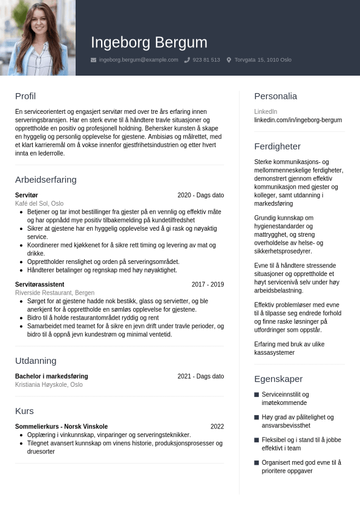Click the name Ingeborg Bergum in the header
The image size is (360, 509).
pos(149,42)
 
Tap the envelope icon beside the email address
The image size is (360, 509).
pos(93,60)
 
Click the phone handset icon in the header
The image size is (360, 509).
pos(187,60)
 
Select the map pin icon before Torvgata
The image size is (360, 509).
pos(229,60)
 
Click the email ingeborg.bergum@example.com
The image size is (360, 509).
pos(139,60)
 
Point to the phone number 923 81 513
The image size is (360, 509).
pos(206,60)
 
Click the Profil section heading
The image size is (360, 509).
pos(25,96)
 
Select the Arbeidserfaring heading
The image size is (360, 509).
pos(46,180)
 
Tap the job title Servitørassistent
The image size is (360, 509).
pos(39,284)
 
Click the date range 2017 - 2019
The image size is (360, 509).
pos(208,284)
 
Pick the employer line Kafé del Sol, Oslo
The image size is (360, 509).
pos(39,204)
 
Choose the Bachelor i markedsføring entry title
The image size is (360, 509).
pos(51,376)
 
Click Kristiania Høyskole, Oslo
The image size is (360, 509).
pos(49,385)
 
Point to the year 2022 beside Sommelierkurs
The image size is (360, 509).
pos(217,427)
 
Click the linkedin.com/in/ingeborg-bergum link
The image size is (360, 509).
pos(298,120)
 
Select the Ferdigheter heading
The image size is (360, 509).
pos(277,146)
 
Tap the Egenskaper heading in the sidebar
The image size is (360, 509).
pos(278,379)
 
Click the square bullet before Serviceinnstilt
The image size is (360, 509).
pos(257,395)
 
